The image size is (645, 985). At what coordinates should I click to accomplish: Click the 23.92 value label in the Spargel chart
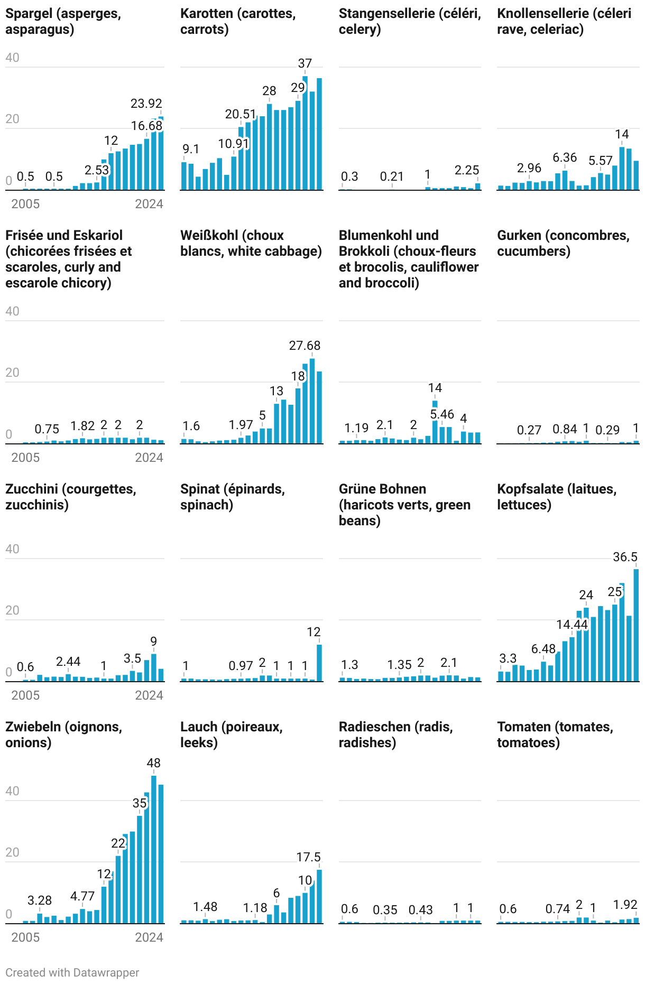[146, 104]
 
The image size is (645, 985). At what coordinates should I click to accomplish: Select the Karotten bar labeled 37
[305, 132]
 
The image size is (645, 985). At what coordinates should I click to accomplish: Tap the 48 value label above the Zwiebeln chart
[153, 763]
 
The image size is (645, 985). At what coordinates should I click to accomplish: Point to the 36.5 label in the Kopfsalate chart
[625, 557]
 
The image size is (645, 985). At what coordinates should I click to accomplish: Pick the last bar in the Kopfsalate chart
[636, 625]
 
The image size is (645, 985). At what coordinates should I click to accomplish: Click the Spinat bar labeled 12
[319, 663]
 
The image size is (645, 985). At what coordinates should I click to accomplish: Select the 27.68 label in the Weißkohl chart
[305, 346]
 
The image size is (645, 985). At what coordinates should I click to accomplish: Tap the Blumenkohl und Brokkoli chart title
[408, 259]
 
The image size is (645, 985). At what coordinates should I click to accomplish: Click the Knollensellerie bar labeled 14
[622, 168]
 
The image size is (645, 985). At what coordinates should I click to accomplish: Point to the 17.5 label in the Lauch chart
[308, 857]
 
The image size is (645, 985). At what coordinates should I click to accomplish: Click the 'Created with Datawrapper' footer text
[72, 972]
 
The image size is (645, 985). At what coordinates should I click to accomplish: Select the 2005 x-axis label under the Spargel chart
[25, 204]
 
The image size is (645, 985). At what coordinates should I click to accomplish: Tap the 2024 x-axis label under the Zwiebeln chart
[149, 937]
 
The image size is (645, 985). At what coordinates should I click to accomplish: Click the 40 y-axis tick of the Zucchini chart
[12, 549]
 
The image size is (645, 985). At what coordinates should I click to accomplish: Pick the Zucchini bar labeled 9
[154, 667]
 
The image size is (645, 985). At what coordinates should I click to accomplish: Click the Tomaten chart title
[555, 735]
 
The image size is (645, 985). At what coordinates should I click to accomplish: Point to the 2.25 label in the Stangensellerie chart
[466, 170]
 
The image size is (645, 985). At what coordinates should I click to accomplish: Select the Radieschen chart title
[395, 735]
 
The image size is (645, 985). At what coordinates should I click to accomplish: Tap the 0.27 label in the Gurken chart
[529, 430]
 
